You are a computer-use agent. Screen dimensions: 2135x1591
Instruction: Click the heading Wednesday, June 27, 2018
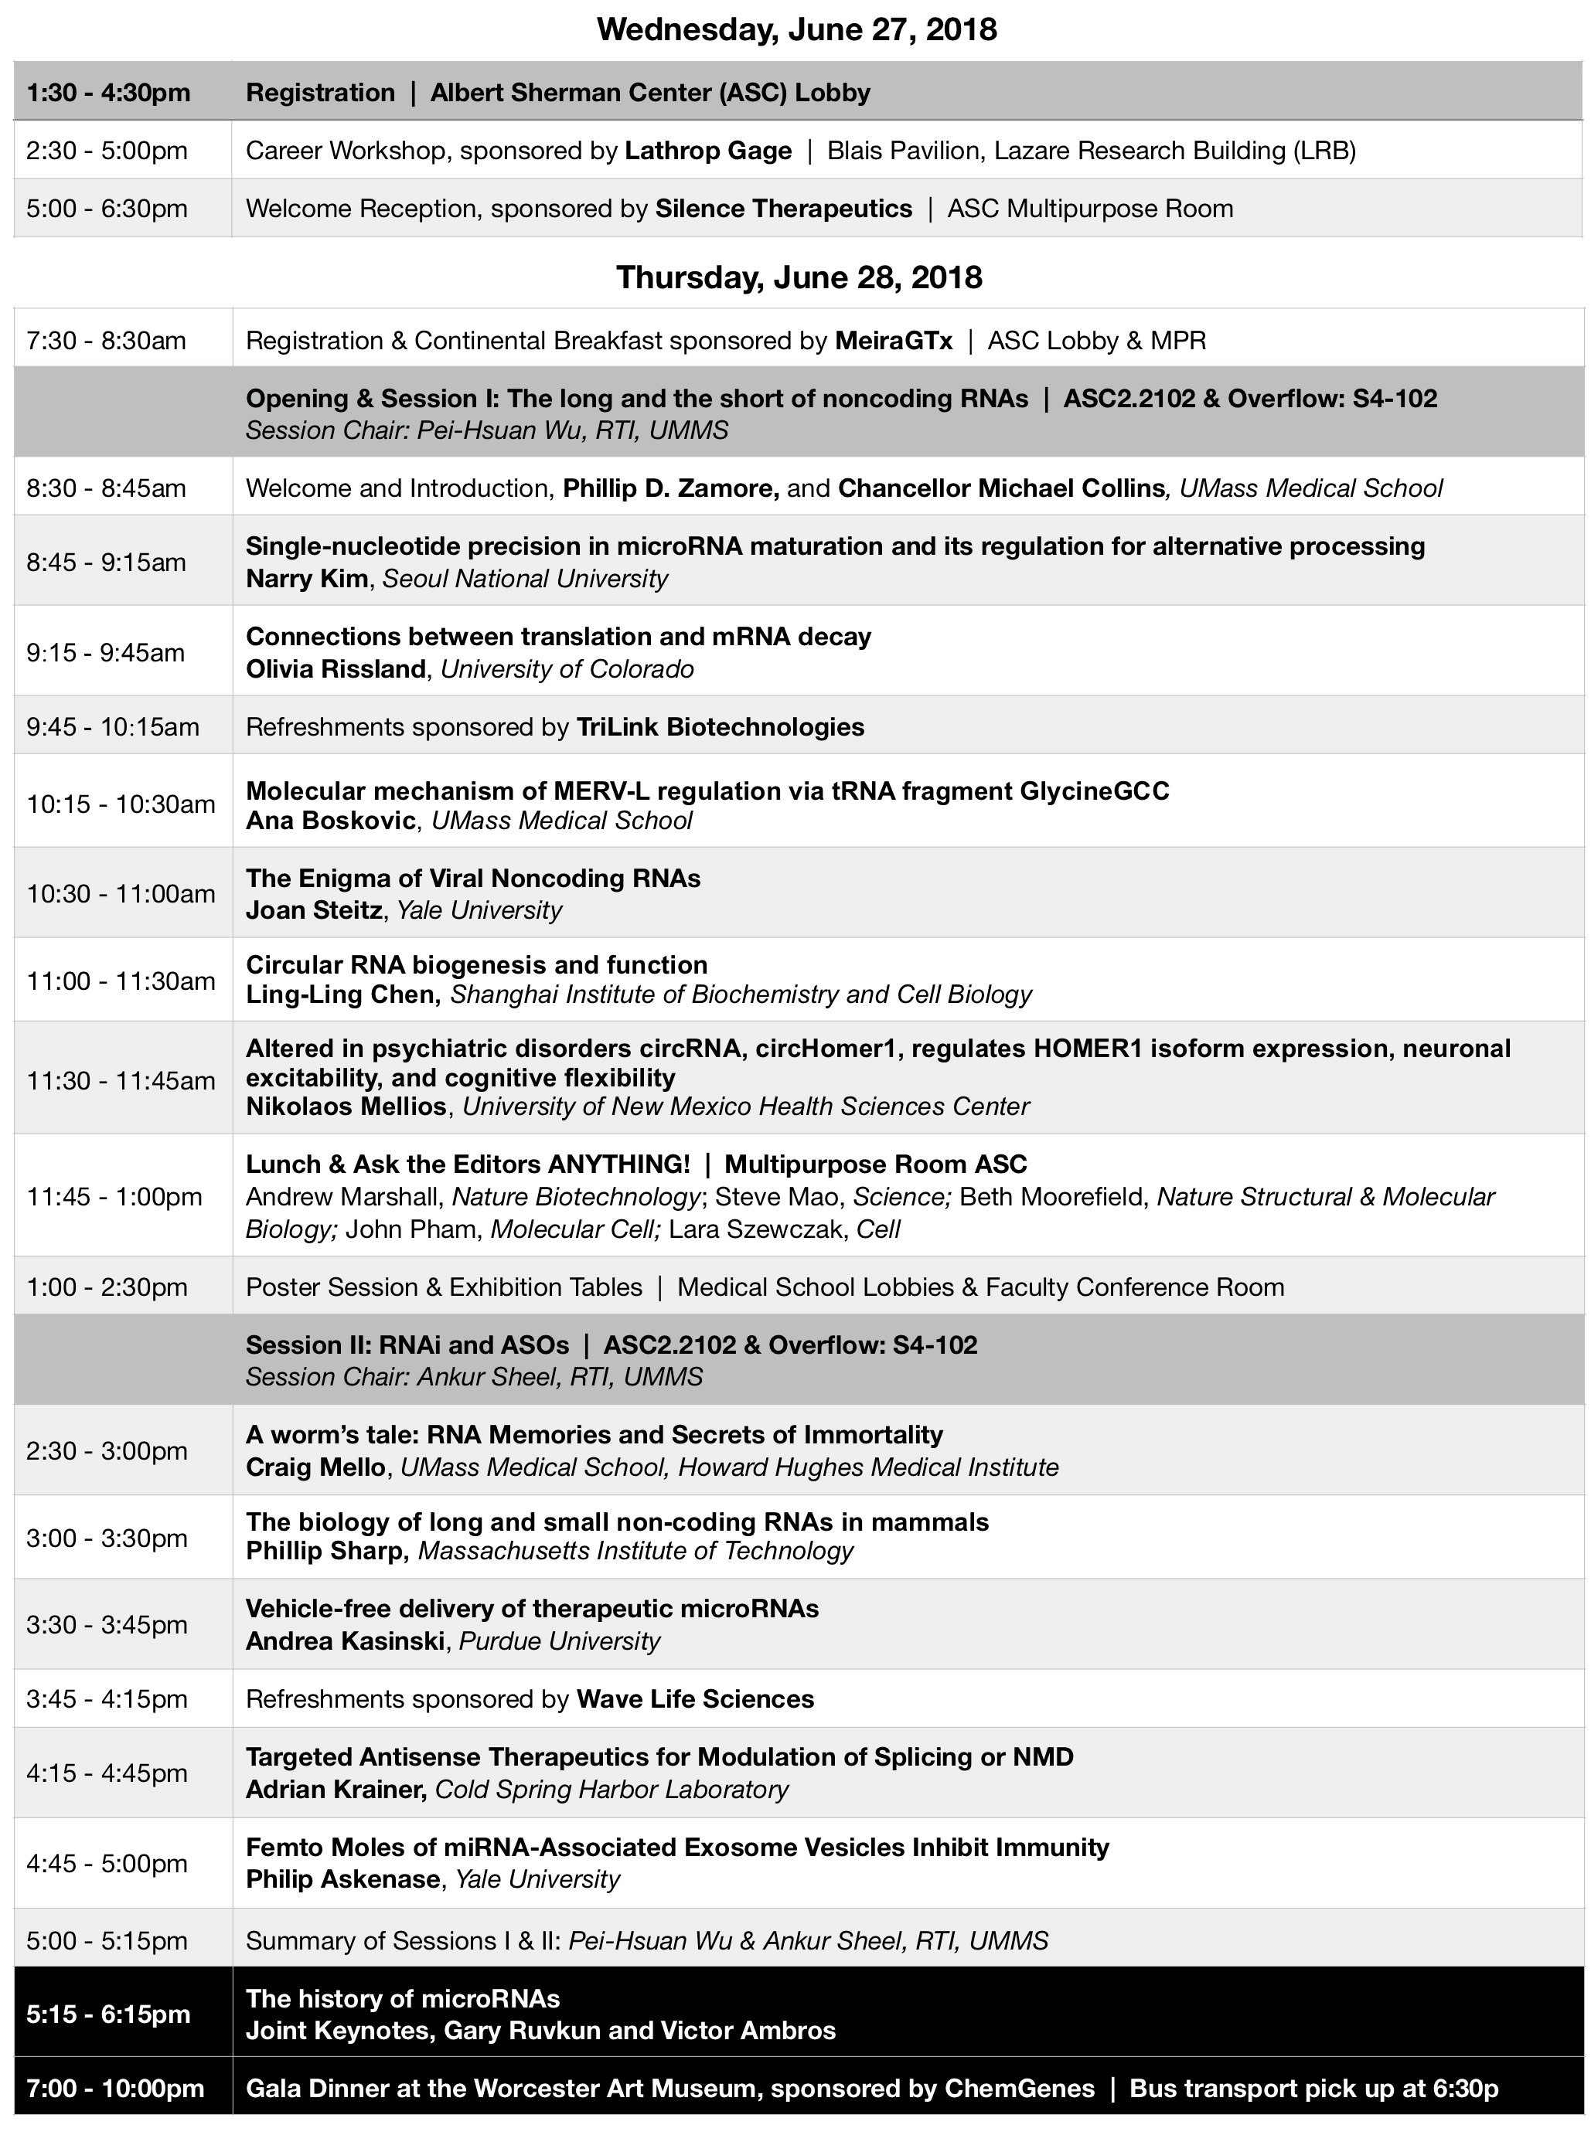pyautogui.click(x=796, y=30)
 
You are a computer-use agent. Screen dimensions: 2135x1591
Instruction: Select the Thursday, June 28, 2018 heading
pyautogui.click(x=799, y=277)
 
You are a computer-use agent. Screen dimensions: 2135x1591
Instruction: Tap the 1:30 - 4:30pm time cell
pyautogui.click(x=108, y=93)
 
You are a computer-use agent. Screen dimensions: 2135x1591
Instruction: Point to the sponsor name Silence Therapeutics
pyautogui.click(x=783, y=209)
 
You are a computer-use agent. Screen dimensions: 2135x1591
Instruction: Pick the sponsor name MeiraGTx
pyautogui.click(x=894, y=340)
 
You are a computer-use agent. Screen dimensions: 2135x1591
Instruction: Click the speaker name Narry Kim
pyautogui.click(x=306, y=579)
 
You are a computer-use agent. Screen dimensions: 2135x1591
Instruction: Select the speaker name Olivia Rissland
pyautogui.click(x=336, y=669)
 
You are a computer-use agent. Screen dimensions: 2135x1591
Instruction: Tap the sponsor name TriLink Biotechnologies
pyautogui.click(x=720, y=727)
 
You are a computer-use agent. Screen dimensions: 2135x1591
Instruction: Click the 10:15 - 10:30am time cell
pyautogui.click(x=121, y=804)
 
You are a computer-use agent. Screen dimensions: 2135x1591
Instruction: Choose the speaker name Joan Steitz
pyautogui.click(x=313, y=909)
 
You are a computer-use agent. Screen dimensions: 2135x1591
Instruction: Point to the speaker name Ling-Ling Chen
pyautogui.click(x=342, y=994)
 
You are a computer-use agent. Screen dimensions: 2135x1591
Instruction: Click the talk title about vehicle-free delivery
pyautogui.click(x=532, y=1609)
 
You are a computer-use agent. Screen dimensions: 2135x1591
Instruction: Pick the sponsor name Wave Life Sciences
pyautogui.click(x=694, y=1699)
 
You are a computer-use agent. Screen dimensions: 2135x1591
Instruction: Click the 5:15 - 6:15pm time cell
pyautogui.click(x=108, y=2014)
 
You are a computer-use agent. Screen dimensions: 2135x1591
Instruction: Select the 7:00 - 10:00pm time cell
pyautogui.click(x=114, y=2088)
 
